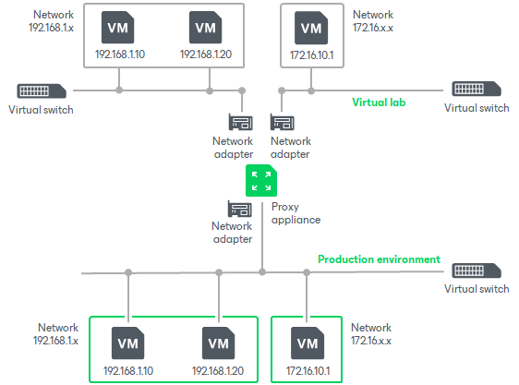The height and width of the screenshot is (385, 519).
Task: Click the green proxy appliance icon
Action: (x=261, y=180)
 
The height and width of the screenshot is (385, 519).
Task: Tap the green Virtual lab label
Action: (x=379, y=102)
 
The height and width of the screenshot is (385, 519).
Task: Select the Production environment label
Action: (x=379, y=259)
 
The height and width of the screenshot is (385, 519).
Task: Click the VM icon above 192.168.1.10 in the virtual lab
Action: (x=118, y=28)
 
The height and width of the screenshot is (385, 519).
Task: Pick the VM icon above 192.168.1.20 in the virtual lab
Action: (x=206, y=28)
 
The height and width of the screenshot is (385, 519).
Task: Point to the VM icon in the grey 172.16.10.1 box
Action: (x=311, y=28)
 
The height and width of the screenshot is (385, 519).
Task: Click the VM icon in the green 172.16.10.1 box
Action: (x=308, y=343)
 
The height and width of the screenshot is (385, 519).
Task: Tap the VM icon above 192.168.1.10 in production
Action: (x=127, y=343)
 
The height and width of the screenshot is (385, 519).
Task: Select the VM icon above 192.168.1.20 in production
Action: (x=219, y=343)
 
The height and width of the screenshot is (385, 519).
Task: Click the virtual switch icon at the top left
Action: (x=42, y=90)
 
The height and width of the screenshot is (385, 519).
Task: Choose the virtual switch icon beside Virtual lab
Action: (x=477, y=89)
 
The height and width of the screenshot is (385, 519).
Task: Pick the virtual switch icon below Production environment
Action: (x=477, y=271)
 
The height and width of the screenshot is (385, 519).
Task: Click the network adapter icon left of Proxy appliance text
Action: (x=240, y=209)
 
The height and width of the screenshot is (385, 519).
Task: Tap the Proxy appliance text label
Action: (x=296, y=213)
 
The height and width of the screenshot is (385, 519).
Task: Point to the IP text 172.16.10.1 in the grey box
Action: (x=312, y=55)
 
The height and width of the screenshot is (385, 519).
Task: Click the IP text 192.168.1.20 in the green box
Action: (x=218, y=370)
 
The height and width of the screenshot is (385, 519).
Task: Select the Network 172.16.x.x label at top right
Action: (x=373, y=21)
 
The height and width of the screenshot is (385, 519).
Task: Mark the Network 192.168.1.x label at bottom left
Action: (x=56, y=333)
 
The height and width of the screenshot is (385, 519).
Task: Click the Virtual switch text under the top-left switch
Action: (x=41, y=110)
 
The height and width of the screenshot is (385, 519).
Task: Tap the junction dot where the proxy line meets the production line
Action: (x=262, y=272)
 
